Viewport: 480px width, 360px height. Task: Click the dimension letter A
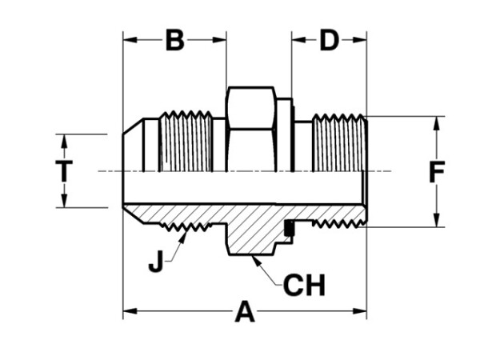click(245, 313)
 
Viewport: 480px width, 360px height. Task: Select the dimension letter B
click(174, 40)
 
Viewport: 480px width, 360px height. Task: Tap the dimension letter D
click(329, 40)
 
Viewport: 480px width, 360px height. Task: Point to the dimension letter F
click(436, 173)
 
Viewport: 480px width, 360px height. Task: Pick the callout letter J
click(157, 261)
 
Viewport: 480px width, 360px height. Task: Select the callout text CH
click(304, 286)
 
